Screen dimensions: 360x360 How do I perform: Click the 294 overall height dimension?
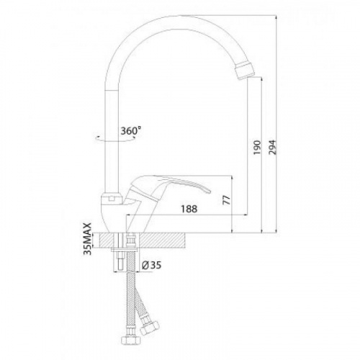tap(272, 147)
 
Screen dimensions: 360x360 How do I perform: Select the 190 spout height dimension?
tap(257, 148)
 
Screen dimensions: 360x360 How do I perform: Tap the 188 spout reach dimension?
tap(189, 209)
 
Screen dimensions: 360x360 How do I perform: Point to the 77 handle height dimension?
tap(226, 200)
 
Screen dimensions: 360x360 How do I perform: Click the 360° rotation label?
tap(130, 131)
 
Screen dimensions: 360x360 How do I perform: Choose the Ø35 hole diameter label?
tap(151, 265)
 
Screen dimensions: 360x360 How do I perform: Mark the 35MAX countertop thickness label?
tap(88, 239)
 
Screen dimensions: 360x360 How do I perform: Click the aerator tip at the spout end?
tap(243, 70)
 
